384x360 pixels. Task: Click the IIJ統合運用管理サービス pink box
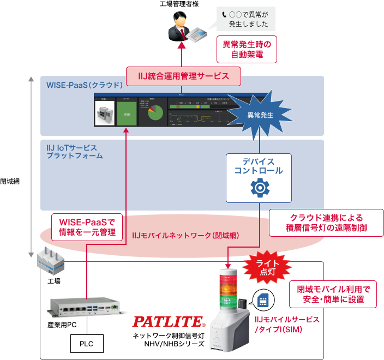(x=183, y=76)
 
